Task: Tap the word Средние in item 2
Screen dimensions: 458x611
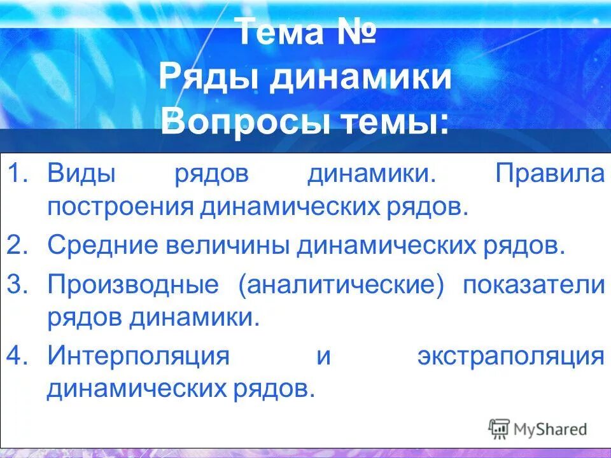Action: tap(99, 246)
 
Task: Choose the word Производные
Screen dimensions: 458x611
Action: tap(133, 285)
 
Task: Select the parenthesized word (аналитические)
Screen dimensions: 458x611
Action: tap(341, 285)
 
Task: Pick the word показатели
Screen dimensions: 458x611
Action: tap(533, 285)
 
